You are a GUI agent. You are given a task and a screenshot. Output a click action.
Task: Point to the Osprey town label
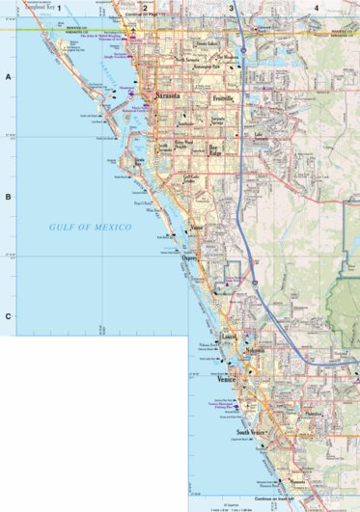190,257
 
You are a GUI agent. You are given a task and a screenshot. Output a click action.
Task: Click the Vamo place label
197,228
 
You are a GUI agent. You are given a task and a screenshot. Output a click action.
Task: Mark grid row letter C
8,316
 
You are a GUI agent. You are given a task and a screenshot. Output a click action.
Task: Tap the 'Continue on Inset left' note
274,499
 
